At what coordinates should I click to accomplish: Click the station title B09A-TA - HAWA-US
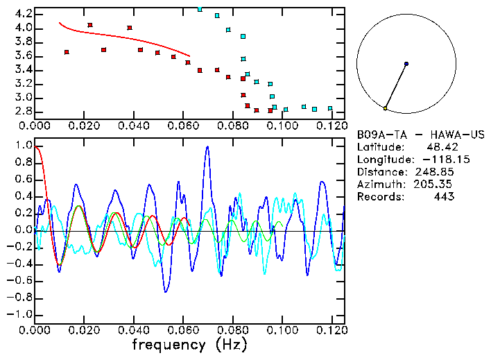420,134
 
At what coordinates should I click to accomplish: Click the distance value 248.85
436,171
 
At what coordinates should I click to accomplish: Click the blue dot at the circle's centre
406,64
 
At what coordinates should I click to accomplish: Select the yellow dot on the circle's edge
385,108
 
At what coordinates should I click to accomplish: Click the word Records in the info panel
379,196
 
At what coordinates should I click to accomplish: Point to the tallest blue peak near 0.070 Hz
207,147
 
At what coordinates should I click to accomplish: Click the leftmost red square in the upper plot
67,52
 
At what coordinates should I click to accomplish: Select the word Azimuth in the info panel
379,184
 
